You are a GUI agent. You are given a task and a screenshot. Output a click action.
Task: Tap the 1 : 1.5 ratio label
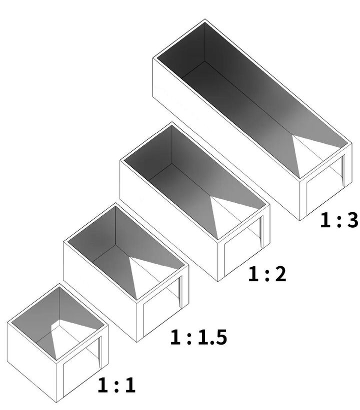[198, 337]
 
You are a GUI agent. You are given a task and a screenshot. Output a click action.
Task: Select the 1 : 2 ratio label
[267, 274]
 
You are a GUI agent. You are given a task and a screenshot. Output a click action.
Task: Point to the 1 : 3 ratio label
[339, 220]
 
